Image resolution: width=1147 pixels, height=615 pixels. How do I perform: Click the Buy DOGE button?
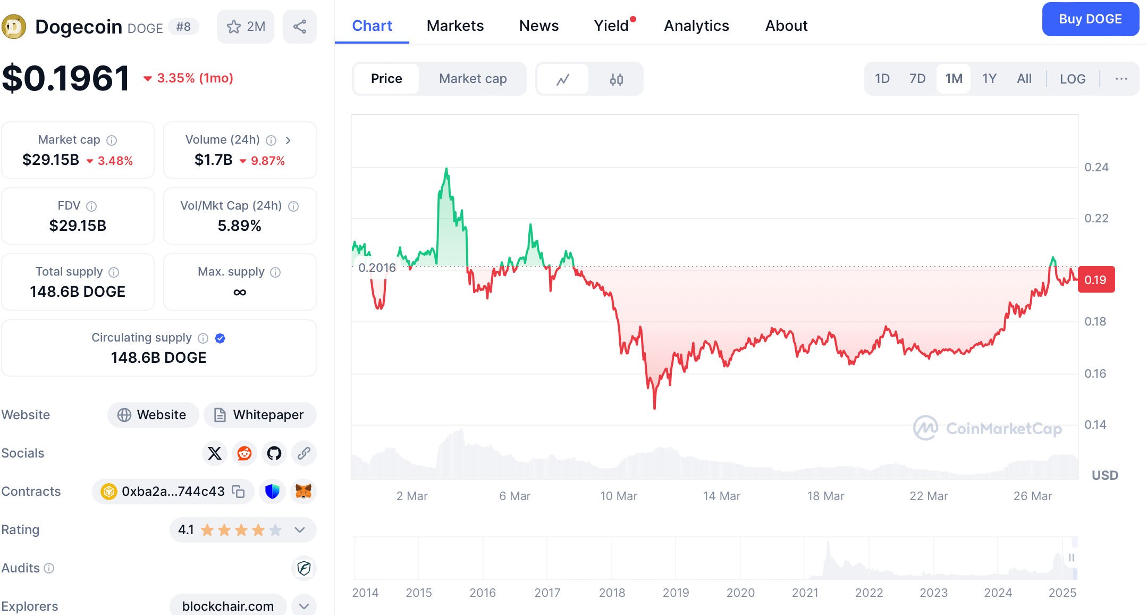click(1090, 19)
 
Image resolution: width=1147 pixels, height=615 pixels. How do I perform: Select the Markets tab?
click(455, 26)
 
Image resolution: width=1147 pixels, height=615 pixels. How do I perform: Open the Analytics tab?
click(696, 26)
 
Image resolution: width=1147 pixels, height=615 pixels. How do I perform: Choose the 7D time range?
click(917, 79)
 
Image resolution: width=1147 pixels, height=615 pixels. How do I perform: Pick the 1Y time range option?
click(989, 79)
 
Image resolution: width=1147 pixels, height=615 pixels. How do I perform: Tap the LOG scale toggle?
click(1073, 79)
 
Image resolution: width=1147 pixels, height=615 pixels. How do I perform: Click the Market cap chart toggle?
click(473, 79)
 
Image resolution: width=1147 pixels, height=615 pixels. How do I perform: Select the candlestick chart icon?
click(617, 79)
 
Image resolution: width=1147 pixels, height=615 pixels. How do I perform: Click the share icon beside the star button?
click(300, 27)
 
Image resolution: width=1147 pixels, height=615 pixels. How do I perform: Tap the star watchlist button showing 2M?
click(246, 27)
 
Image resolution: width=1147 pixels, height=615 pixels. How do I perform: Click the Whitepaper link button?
click(260, 415)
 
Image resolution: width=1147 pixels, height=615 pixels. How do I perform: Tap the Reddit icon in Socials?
click(244, 453)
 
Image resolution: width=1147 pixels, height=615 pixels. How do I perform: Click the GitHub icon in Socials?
click(274, 453)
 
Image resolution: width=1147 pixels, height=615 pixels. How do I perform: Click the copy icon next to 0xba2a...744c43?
click(238, 492)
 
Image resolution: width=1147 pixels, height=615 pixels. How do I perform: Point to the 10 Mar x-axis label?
click(619, 496)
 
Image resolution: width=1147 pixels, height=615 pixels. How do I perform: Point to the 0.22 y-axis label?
click(1096, 218)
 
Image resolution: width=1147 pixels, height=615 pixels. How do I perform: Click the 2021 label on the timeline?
click(805, 593)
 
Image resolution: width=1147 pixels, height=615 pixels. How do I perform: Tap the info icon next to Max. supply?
click(275, 272)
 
